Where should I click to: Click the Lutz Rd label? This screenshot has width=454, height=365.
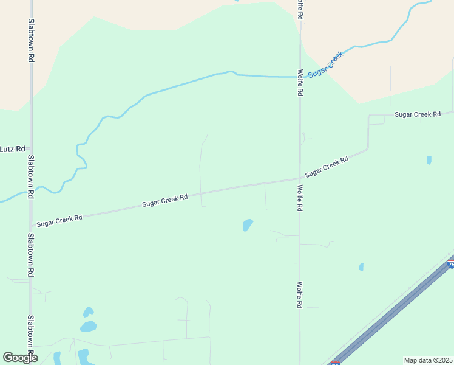click(x=12, y=148)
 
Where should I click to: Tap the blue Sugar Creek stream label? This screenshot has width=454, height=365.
click(x=326, y=64)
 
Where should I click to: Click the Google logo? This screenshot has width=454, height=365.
click(x=20, y=357)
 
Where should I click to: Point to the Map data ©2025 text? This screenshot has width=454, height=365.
click(x=427, y=360)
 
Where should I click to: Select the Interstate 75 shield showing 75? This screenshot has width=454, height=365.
click(x=450, y=265)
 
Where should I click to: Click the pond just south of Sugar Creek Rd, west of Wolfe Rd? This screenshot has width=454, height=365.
click(x=248, y=225)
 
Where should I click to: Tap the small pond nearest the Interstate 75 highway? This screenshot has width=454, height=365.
click(x=361, y=266)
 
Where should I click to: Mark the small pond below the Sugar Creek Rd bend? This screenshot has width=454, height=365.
click(x=429, y=160)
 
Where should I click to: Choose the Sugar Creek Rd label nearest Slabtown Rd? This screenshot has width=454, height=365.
click(x=59, y=220)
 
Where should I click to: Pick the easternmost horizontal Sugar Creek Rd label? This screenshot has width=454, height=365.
click(x=417, y=114)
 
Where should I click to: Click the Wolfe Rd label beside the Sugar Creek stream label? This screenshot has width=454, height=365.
click(x=300, y=83)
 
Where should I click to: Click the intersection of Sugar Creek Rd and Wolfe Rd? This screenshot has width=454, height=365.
click(x=300, y=178)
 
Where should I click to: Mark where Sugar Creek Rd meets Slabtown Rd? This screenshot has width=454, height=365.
click(x=31, y=225)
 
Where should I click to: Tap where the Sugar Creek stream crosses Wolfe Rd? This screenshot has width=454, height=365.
click(x=300, y=77)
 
